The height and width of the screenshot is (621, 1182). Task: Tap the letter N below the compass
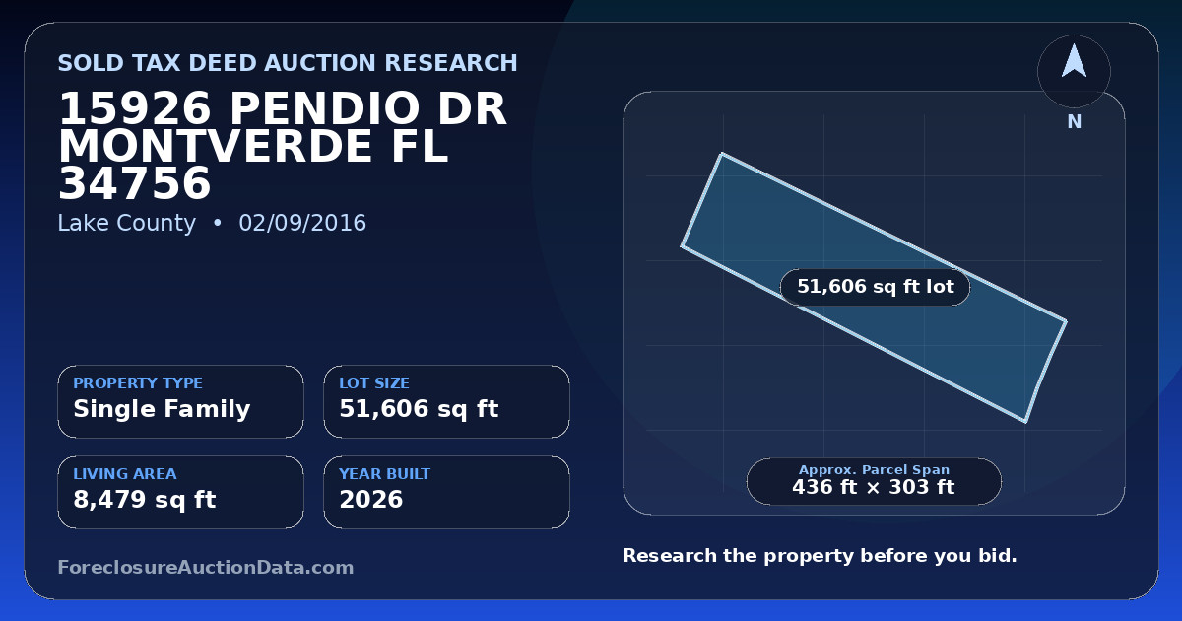[x=1075, y=122]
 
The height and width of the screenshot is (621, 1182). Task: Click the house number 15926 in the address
[x=135, y=108]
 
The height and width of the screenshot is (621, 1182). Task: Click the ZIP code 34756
[x=135, y=183]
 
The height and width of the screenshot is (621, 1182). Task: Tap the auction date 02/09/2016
[x=302, y=223]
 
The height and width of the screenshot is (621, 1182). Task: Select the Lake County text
[x=127, y=224]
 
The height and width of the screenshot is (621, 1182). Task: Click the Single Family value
[x=162, y=409]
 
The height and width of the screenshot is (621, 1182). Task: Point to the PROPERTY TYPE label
[x=138, y=382]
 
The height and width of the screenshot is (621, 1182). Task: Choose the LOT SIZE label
[x=374, y=382]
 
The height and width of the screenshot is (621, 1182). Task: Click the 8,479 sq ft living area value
[x=145, y=500]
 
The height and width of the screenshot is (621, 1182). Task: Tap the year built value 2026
[x=371, y=500]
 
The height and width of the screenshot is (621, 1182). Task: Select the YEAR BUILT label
[x=385, y=474]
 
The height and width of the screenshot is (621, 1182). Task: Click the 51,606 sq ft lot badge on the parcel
[x=875, y=287]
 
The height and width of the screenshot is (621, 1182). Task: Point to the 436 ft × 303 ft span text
[x=874, y=487]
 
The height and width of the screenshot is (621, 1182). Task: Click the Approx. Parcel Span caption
[x=874, y=469]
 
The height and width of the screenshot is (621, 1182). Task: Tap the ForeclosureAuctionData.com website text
[x=206, y=567]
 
